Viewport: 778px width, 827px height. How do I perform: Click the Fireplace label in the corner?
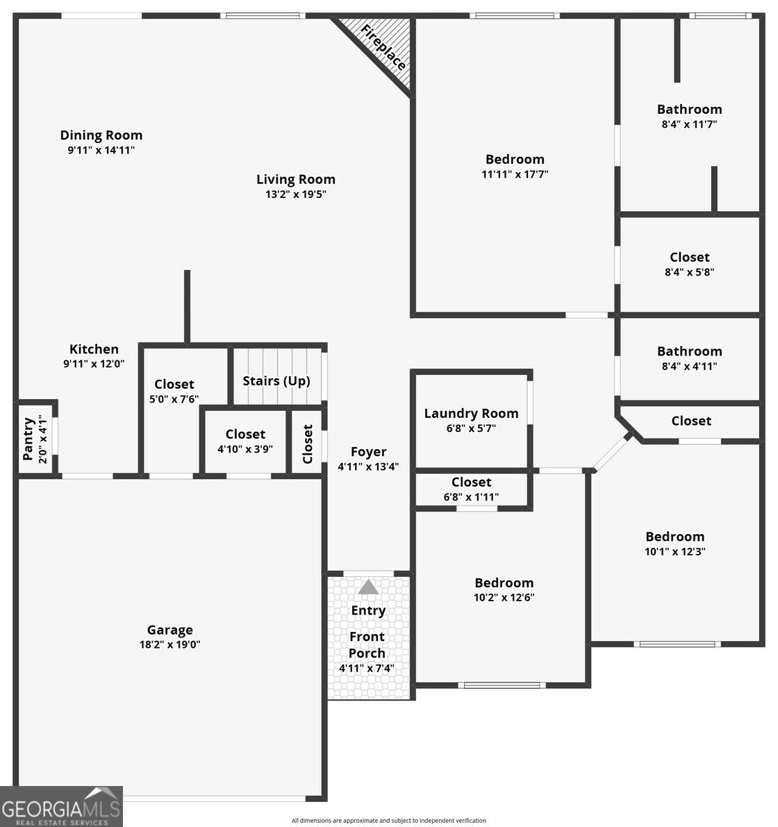(x=383, y=47)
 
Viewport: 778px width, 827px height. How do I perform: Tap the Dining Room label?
(x=101, y=135)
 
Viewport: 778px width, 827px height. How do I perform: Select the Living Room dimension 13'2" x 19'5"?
(x=295, y=194)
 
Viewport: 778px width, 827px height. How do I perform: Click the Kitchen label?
(x=94, y=349)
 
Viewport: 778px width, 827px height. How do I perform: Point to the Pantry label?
(x=28, y=439)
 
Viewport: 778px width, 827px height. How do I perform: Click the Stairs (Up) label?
(x=276, y=381)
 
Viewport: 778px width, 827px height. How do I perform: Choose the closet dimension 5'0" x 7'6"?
(x=174, y=399)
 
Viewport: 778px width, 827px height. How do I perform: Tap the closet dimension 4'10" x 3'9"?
(x=245, y=449)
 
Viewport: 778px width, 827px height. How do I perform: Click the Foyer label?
(x=368, y=452)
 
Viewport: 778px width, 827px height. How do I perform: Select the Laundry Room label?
(x=471, y=414)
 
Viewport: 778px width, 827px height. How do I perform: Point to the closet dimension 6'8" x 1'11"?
(x=471, y=497)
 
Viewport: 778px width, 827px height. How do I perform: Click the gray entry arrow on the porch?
(x=368, y=587)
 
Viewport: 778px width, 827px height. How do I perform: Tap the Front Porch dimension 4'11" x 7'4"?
(x=367, y=669)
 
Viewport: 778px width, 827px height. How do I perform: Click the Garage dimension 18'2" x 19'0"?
(x=169, y=644)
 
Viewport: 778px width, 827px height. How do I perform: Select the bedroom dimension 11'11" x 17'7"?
(x=515, y=174)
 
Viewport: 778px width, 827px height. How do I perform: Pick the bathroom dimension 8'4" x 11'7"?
(x=689, y=124)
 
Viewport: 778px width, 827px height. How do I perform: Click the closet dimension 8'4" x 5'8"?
(x=689, y=272)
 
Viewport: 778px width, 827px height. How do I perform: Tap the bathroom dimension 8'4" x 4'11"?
(x=689, y=366)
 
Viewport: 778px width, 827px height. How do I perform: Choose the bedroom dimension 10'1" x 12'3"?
(x=674, y=552)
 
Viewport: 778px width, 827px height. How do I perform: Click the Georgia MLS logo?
(x=61, y=807)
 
